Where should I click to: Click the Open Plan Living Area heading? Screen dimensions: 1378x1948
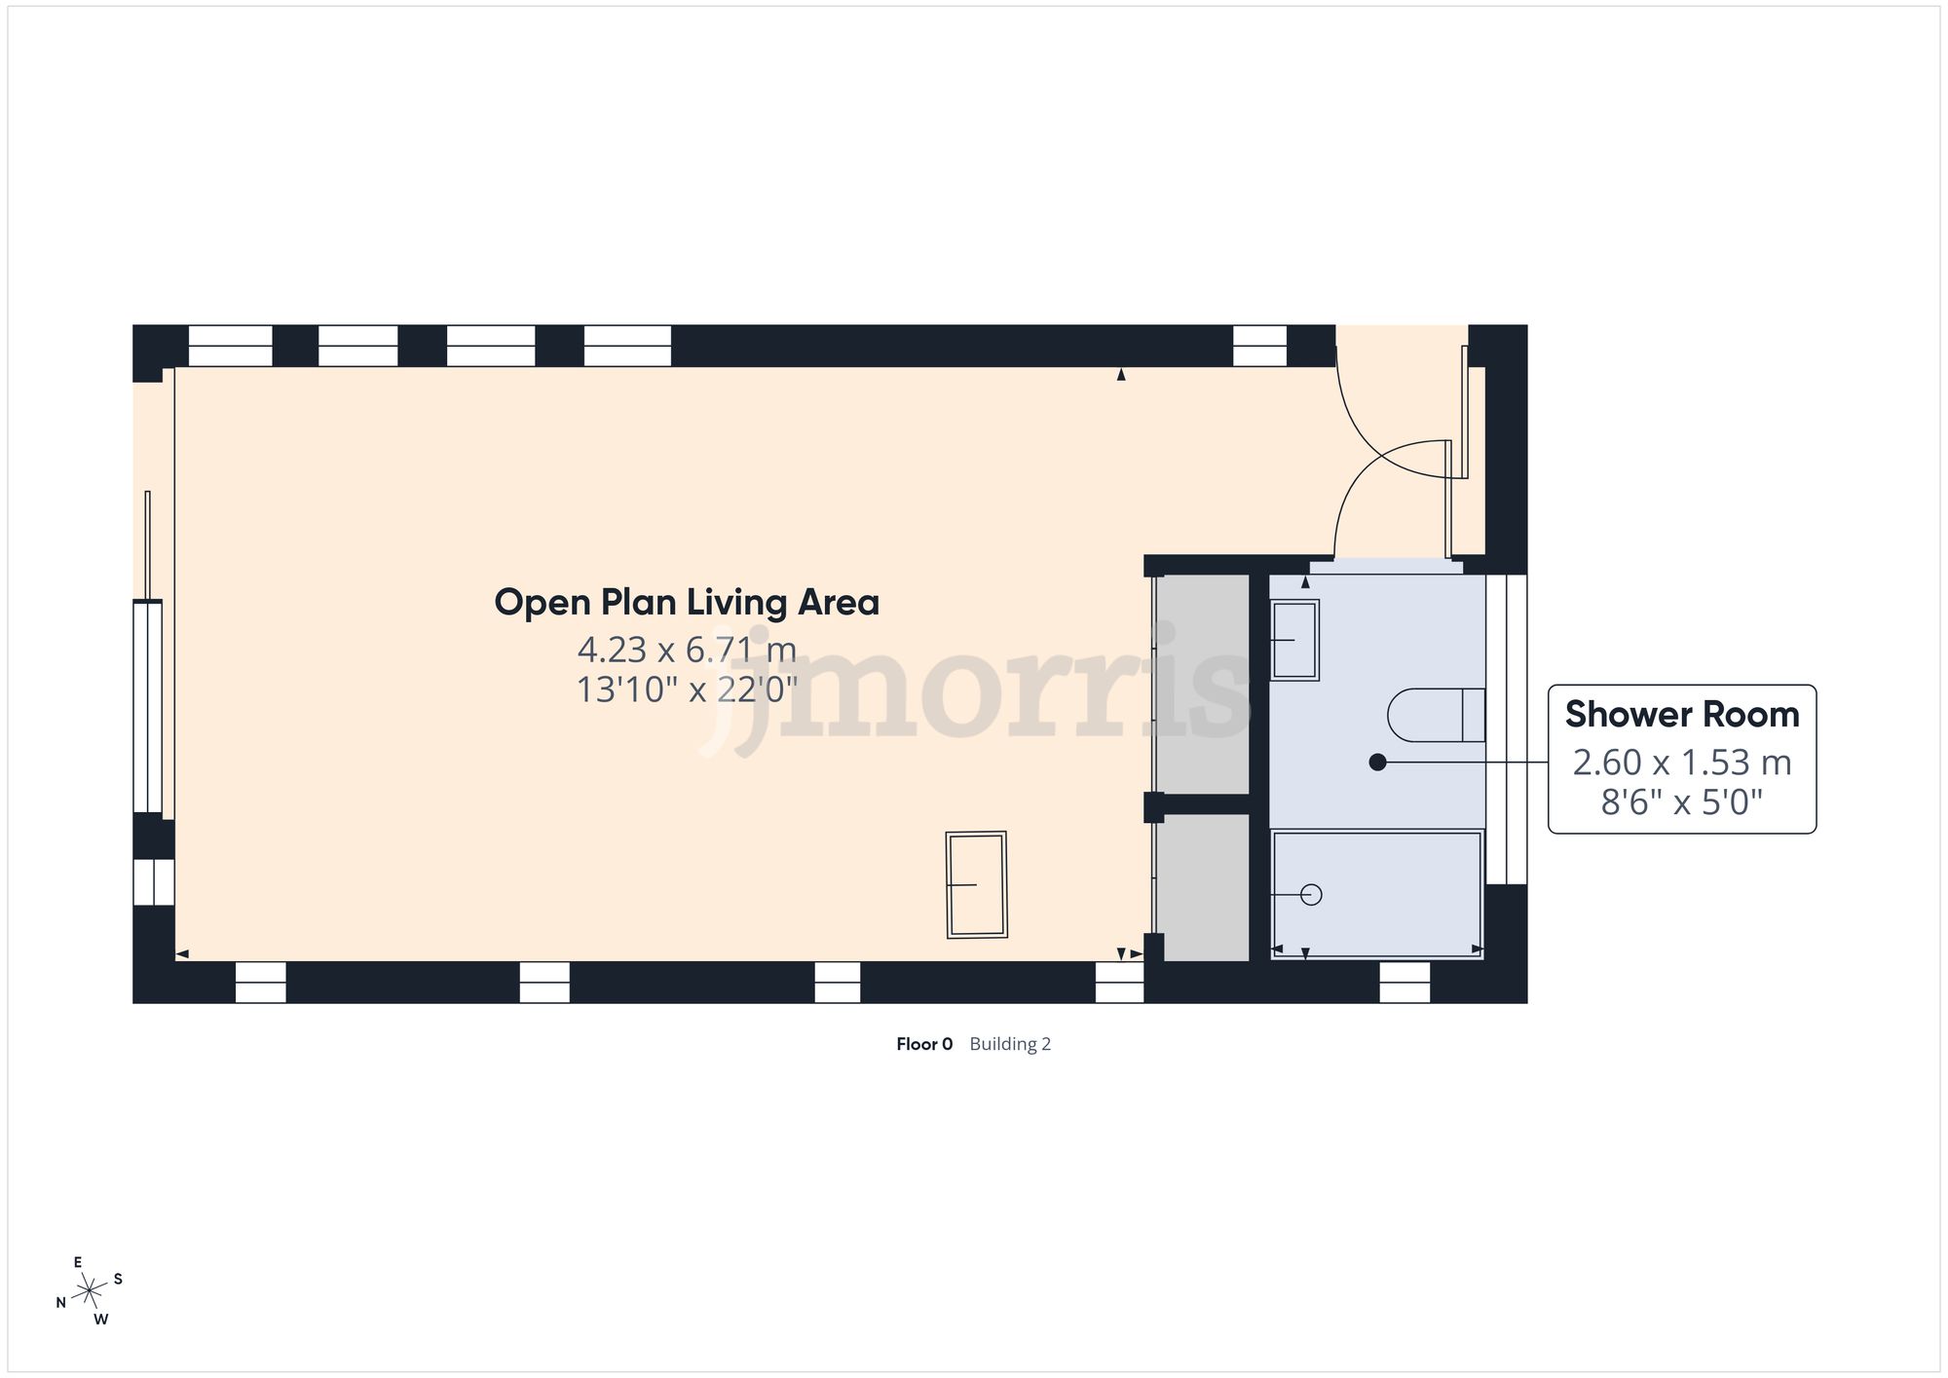687,603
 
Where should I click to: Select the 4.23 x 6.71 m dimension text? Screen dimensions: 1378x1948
687,649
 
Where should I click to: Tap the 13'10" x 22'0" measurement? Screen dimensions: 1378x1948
687,689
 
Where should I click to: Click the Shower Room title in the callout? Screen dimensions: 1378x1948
1682,715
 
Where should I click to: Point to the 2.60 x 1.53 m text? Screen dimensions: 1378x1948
1682,762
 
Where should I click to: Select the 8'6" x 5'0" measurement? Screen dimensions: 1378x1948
1682,802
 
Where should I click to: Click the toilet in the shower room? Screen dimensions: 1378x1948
1435,715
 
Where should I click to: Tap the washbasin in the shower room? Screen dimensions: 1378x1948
1295,640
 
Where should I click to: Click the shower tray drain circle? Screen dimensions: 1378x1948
1311,894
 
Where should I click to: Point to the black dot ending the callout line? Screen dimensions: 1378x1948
1377,763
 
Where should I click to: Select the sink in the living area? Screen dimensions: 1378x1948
976,884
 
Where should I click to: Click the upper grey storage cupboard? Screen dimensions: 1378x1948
1206,684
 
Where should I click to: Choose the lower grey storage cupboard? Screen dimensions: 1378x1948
1206,886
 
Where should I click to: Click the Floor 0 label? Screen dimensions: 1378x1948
924,1044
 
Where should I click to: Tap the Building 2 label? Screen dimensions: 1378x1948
1010,1044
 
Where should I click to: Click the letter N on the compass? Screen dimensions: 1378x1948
60,1303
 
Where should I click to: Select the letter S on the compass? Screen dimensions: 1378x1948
118,1279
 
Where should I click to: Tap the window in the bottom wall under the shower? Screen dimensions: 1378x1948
1405,982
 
